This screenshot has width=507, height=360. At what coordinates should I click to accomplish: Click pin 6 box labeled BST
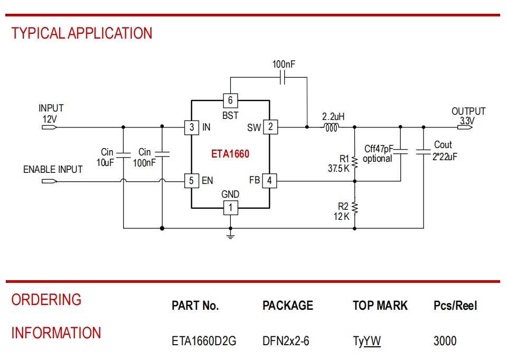[x=231, y=100]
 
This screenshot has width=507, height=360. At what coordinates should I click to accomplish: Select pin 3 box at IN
[x=191, y=127]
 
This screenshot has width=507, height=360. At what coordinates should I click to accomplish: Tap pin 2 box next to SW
[x=270, y=127]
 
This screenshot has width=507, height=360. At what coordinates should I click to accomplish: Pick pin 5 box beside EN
[x=191, y=181]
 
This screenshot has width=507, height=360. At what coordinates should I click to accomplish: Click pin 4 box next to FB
[x=269, y=181]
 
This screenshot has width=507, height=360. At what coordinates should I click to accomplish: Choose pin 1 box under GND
[x=231, y=208]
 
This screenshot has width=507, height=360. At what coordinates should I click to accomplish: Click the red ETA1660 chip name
[x=230, y=154]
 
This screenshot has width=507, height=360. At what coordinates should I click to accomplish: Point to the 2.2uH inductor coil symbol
[x=332, y=127]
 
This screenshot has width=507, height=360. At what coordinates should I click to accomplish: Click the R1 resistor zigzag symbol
[x=355, y=162]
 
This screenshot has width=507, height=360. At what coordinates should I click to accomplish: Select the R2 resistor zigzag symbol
[x=355, y=208]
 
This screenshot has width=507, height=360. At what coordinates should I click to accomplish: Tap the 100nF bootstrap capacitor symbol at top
[x=283, y=78]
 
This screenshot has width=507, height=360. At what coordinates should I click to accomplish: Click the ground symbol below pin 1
[x=231, y=236]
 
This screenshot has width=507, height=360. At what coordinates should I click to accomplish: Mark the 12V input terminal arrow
[x=50, y=127]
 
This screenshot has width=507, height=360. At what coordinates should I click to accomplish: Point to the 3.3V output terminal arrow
[x=465, y=127]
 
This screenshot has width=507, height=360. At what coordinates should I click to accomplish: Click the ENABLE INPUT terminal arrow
[x=50, y=181]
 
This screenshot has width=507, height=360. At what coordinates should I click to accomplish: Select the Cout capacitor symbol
[x=424, y=152]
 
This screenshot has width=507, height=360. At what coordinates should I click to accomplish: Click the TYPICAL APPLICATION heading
[x=82, y=33]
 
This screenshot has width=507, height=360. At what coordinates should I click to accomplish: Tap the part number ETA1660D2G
[x=204, y=341]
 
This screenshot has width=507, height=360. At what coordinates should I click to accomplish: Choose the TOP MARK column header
[x=380, y=306]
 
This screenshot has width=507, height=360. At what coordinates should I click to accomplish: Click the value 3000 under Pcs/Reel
[x=445, y=341]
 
